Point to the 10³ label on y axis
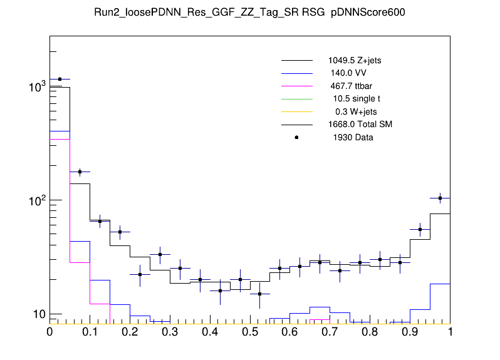[37, 87]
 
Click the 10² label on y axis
[37, 200]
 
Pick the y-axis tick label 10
[38, 314]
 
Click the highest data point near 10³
[60, 80]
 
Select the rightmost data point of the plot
[440, 198]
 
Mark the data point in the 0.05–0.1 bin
[80, 172]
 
